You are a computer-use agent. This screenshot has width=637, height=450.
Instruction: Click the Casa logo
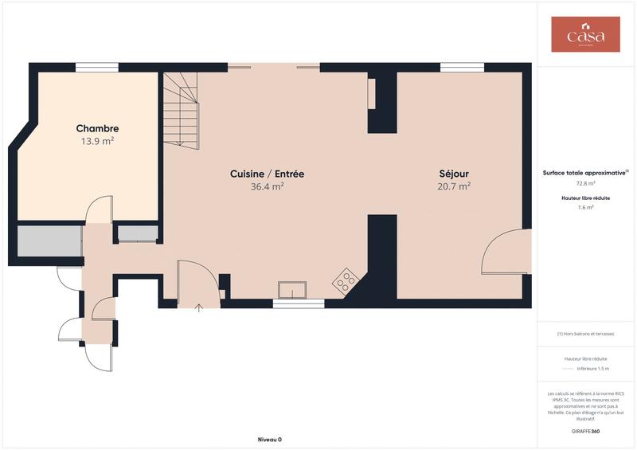pyautogui.click(x=585, y=35)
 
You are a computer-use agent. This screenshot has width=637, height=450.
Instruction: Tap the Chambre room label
pyautogui.click(x=97, y=128)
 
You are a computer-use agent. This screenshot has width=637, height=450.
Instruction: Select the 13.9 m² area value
pyautogui.click(x=97, y=141)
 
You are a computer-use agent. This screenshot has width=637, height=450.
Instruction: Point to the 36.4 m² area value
pyautogui.click(x=267, y=186)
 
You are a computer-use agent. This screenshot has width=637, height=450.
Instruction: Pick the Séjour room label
pyautogui.click(x=454, y=174)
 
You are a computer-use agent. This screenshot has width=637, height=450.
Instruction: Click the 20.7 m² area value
pyautogui.click(x=454, y=186)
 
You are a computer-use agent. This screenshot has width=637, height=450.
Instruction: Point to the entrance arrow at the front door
pyautogui.click(x=198, y=307)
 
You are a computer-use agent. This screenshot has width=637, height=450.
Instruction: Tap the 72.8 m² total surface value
pyautogui.click(x=585, y=183)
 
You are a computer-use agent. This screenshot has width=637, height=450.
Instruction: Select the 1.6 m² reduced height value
pyautogui.click(x=585, y=207)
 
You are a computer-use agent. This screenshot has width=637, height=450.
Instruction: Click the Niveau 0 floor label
pyautogui.click(x=269, y=440)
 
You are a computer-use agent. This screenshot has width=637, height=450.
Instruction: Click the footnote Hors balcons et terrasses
pyautogui.click(x=585, y=334)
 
